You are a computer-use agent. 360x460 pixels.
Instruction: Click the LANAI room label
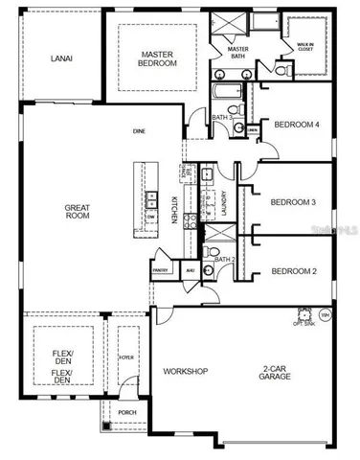pyautogui.click(x=63, y=57)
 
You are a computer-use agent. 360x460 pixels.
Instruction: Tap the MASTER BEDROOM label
pyautogui.click(x=158, y=58)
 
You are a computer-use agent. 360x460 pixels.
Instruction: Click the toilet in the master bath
pyautogui.click(x=281, y=69)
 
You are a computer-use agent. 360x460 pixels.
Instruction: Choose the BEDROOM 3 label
pyautogui.click(x=293, y=202)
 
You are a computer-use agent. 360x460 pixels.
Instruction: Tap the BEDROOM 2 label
pyautogui.click(x=293, y=271)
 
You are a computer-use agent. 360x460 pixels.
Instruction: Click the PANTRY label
pyautogui.click(x=161, y=270)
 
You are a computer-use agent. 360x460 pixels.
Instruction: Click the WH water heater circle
pyautogui.click(x=326, y=313)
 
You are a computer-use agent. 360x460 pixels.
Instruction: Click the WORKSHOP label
pyautogui.click(x=186, y=372)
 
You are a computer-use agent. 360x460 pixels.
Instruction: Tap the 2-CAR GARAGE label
pyautogui.click(x=277, y=372)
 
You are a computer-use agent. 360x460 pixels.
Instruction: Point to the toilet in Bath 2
pyautogui.click(x=210, y=252)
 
